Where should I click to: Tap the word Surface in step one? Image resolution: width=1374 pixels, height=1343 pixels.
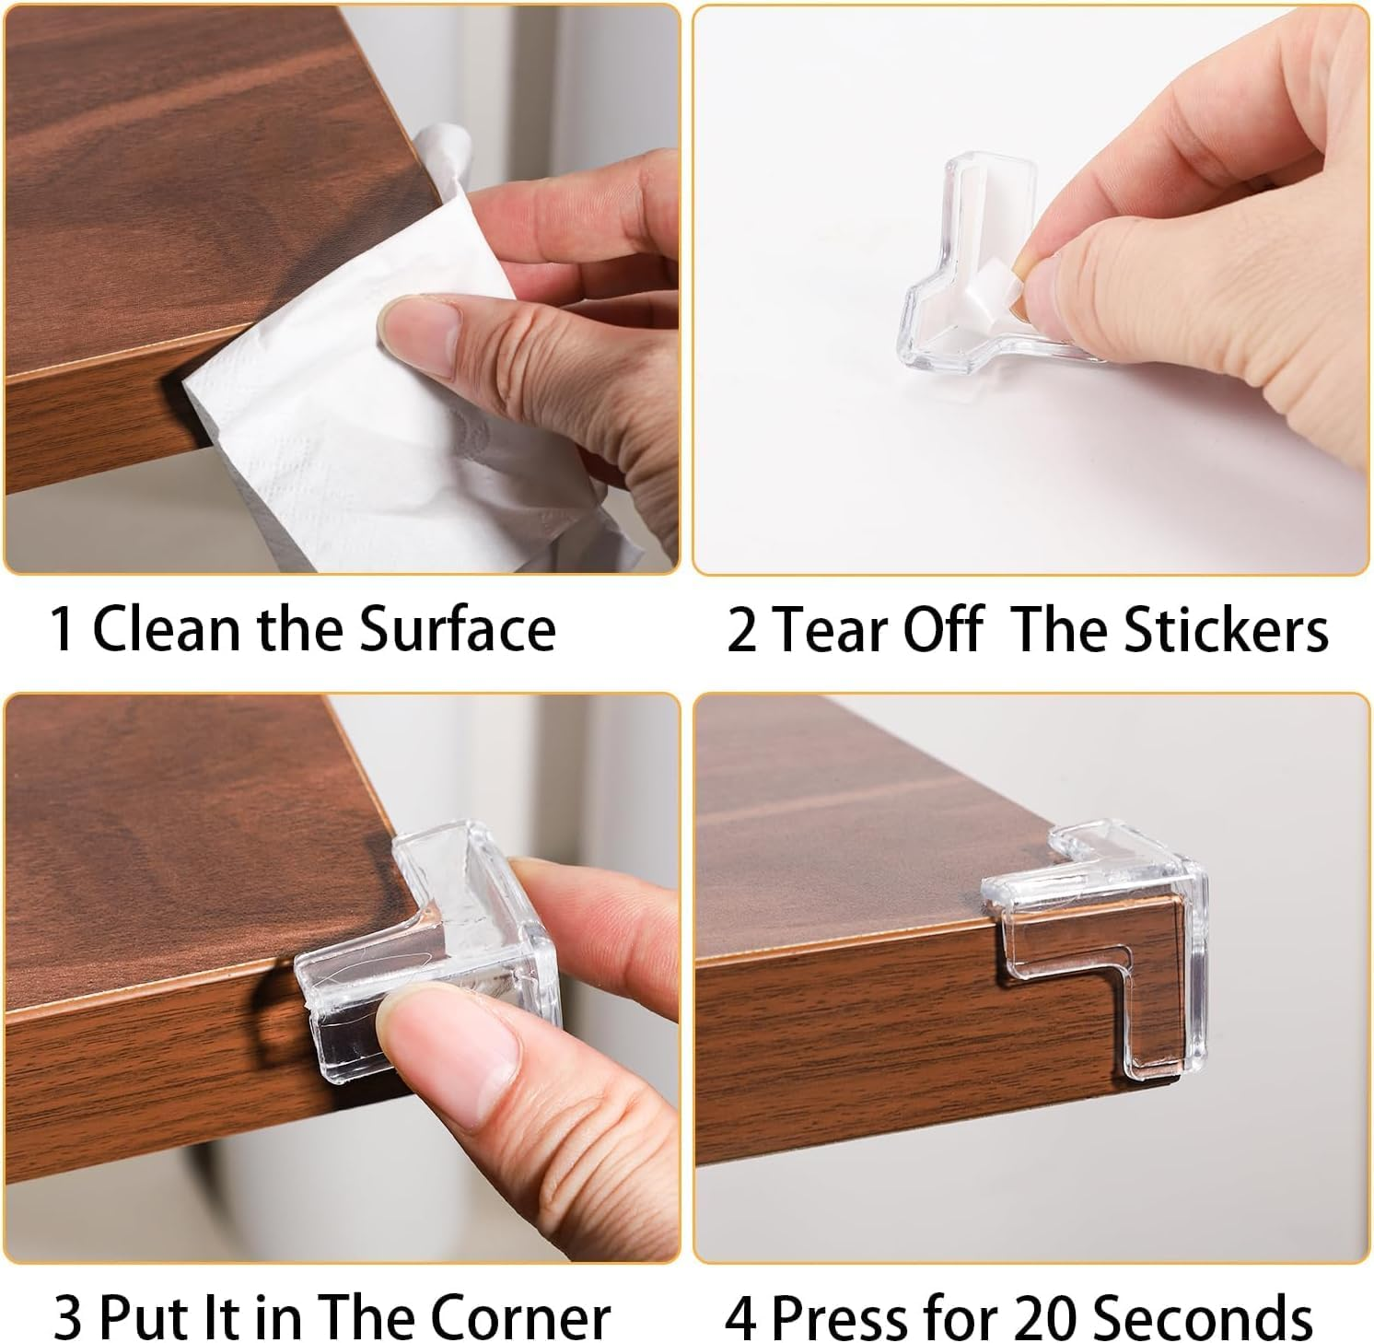457,630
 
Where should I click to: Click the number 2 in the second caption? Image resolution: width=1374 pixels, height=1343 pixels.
741,632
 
